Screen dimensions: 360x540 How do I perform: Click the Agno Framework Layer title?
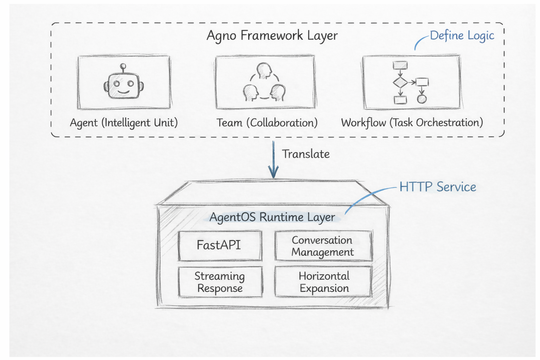coord(272,36)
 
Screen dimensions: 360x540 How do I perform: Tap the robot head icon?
coord(123,85)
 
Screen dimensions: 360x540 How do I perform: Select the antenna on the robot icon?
coord(123,67)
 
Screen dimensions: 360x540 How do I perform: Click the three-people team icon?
coord(265,82)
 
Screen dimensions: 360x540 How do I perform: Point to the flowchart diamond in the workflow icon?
coord(400,83)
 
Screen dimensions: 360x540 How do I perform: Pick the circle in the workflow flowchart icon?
coord(422,99)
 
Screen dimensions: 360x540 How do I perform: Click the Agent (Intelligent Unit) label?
coord(124,123)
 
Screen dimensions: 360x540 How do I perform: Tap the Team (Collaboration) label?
coord(267,123)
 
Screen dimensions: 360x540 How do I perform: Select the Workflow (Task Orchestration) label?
coord(412,123)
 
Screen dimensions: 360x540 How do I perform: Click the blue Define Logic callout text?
coord(462,36)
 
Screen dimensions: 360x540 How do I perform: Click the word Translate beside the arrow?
coord(306,154)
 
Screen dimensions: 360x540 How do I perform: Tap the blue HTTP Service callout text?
coord(438,187)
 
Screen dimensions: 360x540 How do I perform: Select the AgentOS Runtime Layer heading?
coord(272,217)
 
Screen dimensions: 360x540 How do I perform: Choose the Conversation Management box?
coord(323,246)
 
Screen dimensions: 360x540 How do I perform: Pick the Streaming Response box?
coord(220,282)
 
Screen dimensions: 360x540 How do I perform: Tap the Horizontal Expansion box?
coord(324,282)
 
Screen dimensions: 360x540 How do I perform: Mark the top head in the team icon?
coord(265,70)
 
